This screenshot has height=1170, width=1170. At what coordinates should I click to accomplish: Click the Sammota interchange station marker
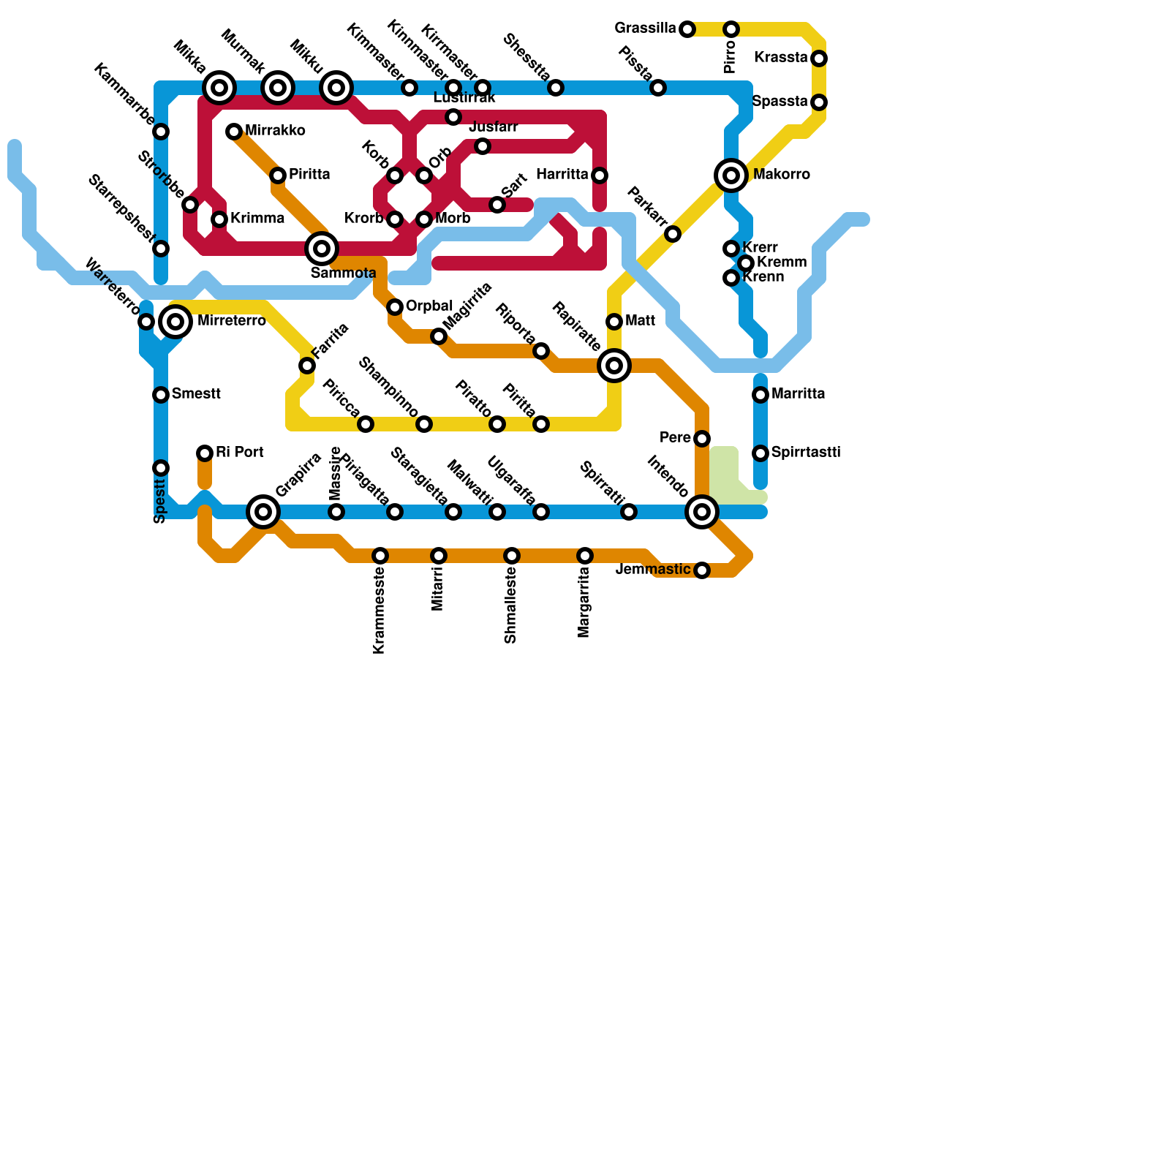point(322,249)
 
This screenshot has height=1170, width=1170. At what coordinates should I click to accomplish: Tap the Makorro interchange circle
point(731,175)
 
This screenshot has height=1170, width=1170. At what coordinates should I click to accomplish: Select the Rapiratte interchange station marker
point(614,366)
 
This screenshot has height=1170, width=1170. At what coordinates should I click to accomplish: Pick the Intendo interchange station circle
point(702,512)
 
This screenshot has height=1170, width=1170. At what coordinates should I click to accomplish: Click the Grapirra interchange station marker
point(263,512)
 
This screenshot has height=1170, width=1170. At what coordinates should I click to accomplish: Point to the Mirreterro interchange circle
point(175,322)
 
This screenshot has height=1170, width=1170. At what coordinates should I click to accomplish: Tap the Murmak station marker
point(278,88)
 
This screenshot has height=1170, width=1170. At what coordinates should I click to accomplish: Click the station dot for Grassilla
point(687,29)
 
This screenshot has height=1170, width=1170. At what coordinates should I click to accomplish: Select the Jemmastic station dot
point(702,570)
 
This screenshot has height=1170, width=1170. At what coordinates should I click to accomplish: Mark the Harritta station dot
point(600,175)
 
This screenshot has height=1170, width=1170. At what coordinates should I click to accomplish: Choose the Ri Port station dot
point(205,453)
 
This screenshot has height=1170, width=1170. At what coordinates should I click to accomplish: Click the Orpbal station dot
point(395,307)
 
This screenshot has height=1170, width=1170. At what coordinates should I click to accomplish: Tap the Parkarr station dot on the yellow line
point(673,234)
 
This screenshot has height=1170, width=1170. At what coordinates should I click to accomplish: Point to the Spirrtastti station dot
point(760,453)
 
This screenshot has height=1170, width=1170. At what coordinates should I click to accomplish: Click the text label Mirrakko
point(275,131)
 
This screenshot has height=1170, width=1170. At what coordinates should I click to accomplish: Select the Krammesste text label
point(379,612)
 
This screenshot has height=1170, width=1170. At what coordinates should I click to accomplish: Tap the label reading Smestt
point(196,394)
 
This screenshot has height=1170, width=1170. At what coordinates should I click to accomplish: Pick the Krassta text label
point(781,58)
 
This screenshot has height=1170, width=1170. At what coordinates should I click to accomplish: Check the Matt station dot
point(614,322)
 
